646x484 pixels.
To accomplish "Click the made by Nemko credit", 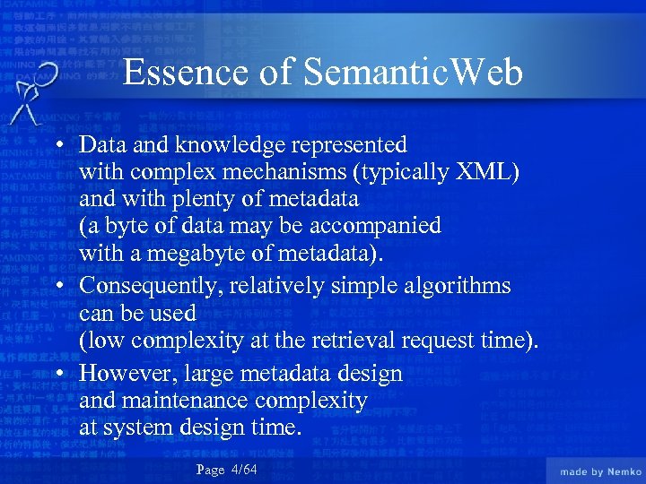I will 600,471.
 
